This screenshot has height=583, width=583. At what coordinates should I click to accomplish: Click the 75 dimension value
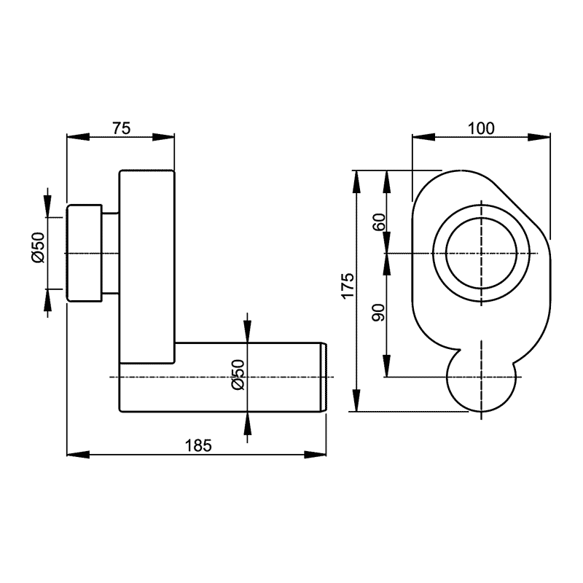coord(122,128)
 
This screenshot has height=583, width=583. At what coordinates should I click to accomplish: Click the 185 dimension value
coord(198,445)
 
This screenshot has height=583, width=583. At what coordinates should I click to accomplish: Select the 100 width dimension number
coord(481,128)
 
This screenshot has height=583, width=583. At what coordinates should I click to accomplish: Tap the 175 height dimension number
coord(348,285)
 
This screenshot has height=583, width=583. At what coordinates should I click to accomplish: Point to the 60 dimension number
coord(379,222)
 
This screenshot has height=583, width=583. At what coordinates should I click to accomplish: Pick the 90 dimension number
coord(379,313)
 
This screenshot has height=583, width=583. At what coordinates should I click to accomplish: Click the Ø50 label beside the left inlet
coord(38,248)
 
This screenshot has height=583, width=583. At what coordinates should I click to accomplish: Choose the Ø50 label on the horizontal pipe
coord(238,375)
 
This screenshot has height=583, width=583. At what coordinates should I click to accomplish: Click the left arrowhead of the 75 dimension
coord(78,137)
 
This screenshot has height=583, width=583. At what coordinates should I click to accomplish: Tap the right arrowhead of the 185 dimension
coord(316,454)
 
